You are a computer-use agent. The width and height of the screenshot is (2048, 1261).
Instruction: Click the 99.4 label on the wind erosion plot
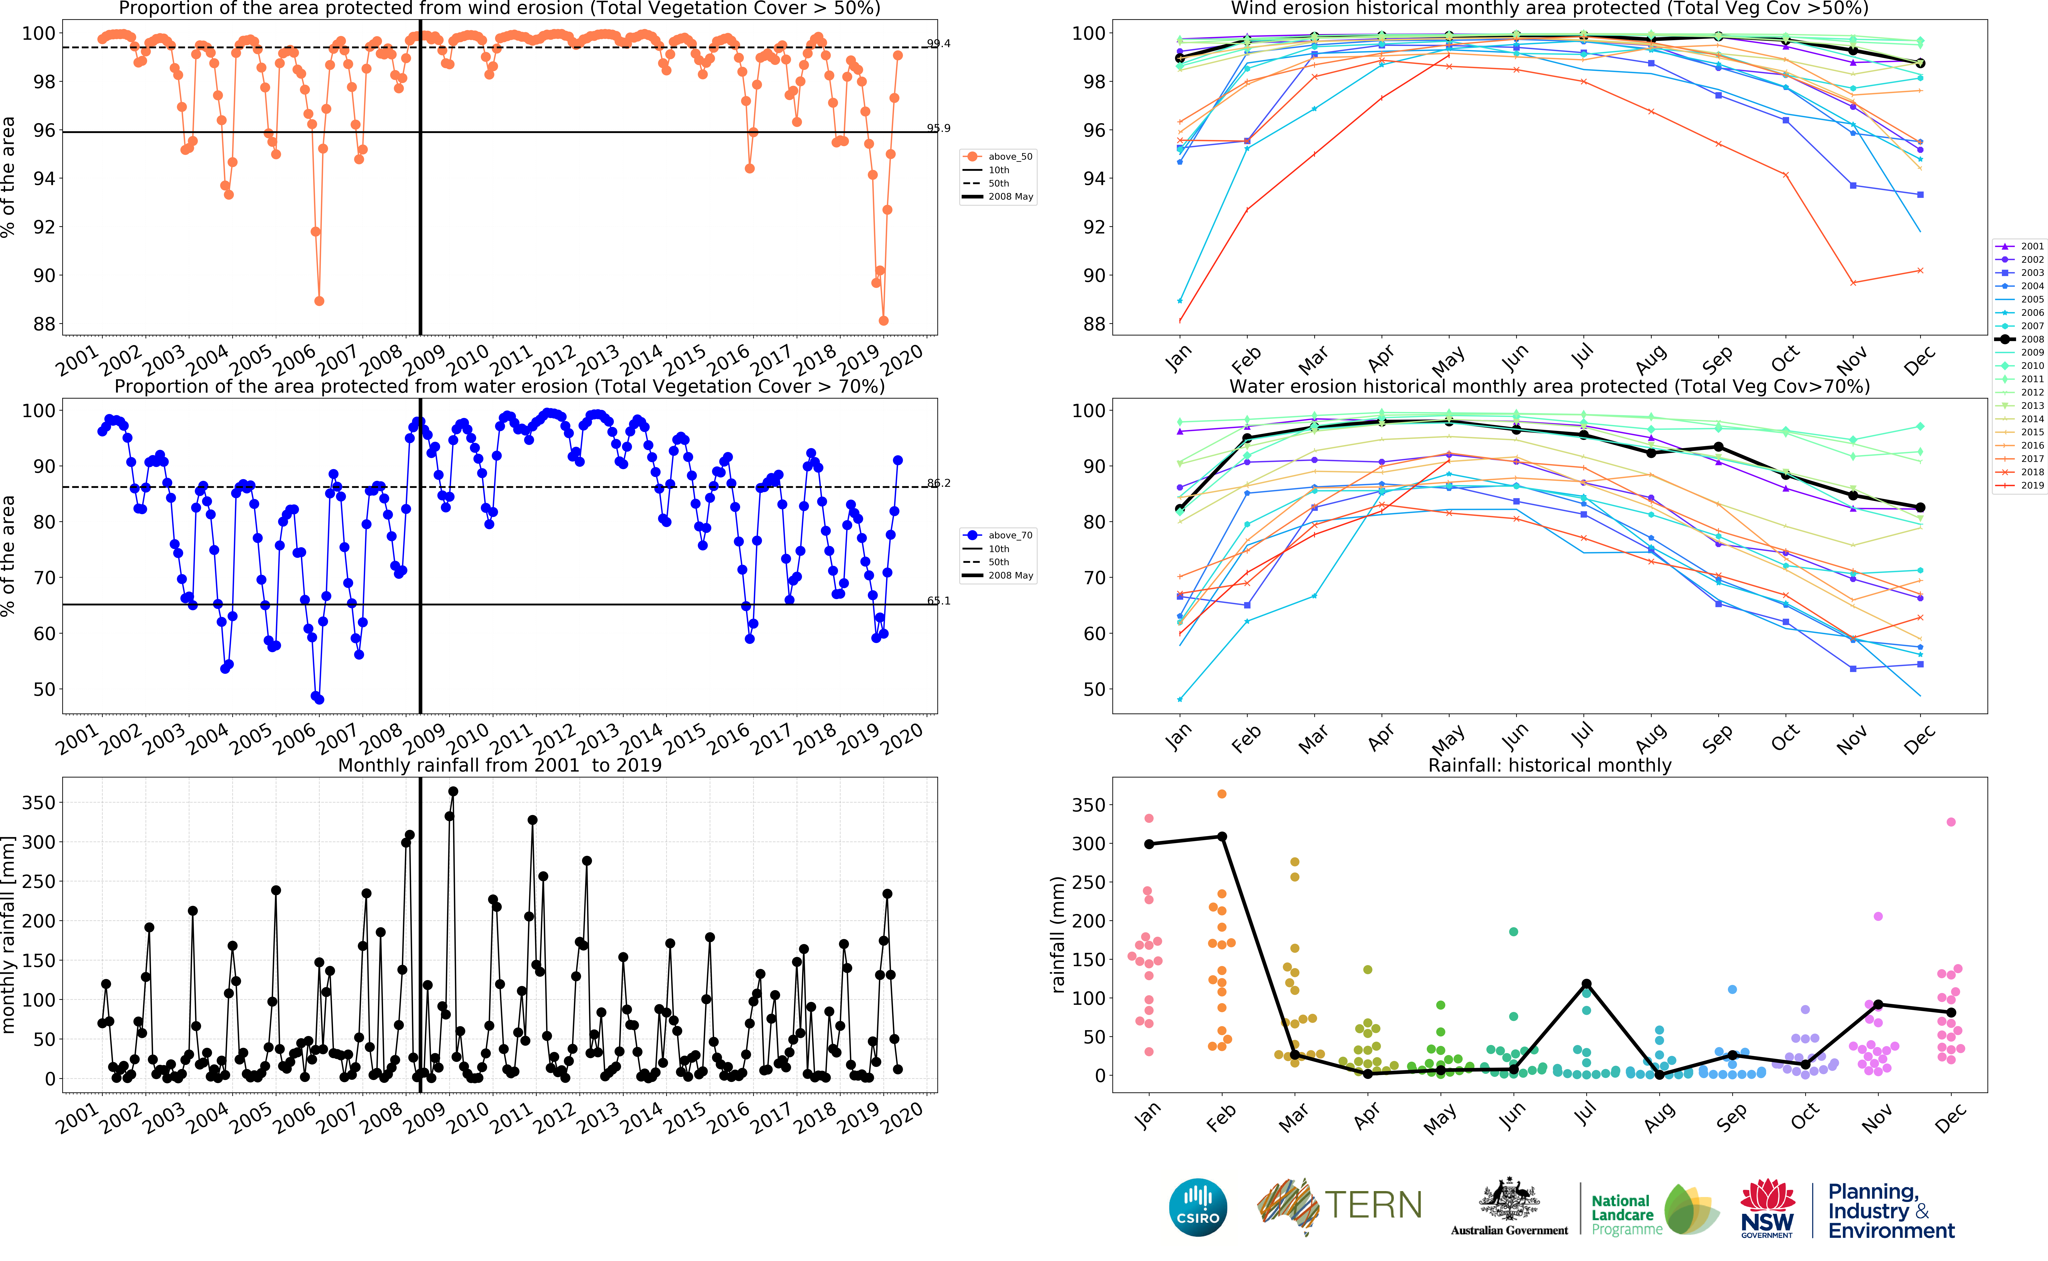[938, 43]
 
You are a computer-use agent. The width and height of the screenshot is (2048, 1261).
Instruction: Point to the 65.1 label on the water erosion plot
[938, 601]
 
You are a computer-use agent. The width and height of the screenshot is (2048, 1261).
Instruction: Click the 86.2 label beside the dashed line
[938, 483]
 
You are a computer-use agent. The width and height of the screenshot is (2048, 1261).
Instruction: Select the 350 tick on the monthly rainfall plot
[38, 802]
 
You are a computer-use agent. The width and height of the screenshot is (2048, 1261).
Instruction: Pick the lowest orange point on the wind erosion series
[883, 321]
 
